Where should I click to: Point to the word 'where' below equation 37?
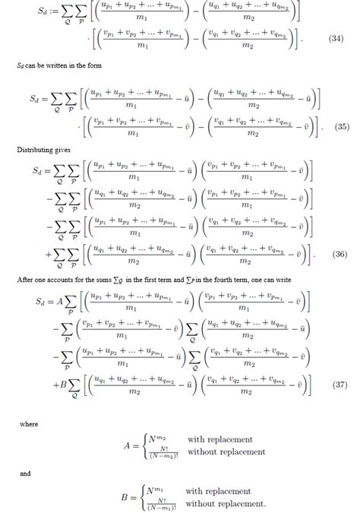point(29,423)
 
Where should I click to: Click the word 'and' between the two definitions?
point(25,472)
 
